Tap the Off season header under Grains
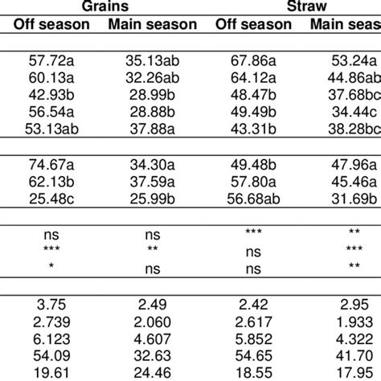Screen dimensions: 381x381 click(x=51, y=24)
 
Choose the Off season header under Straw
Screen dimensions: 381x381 click(x=253, y=24)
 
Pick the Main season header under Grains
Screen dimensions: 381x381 click(x=152, y=24)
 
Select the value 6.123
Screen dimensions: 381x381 click(x=51, y=335)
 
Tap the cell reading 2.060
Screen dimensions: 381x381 click(x=152, y=320)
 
